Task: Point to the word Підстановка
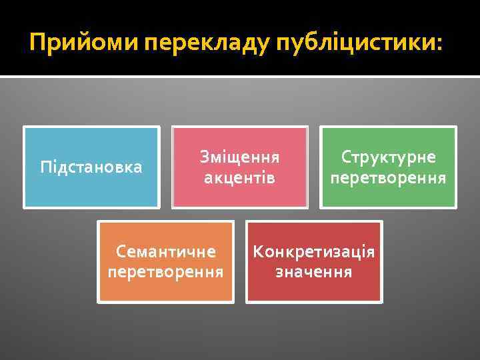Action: [91, 167]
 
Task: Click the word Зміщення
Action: [240, 157]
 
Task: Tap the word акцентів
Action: [240, 178]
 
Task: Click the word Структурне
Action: [389, 157]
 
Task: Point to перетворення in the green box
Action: [389, 178]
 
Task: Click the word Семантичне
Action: [166, 252]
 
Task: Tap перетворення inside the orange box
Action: [166, 273]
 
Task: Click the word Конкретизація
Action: [314, 252]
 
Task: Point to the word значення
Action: [314, 273]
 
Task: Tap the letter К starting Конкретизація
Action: [258, 252]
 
